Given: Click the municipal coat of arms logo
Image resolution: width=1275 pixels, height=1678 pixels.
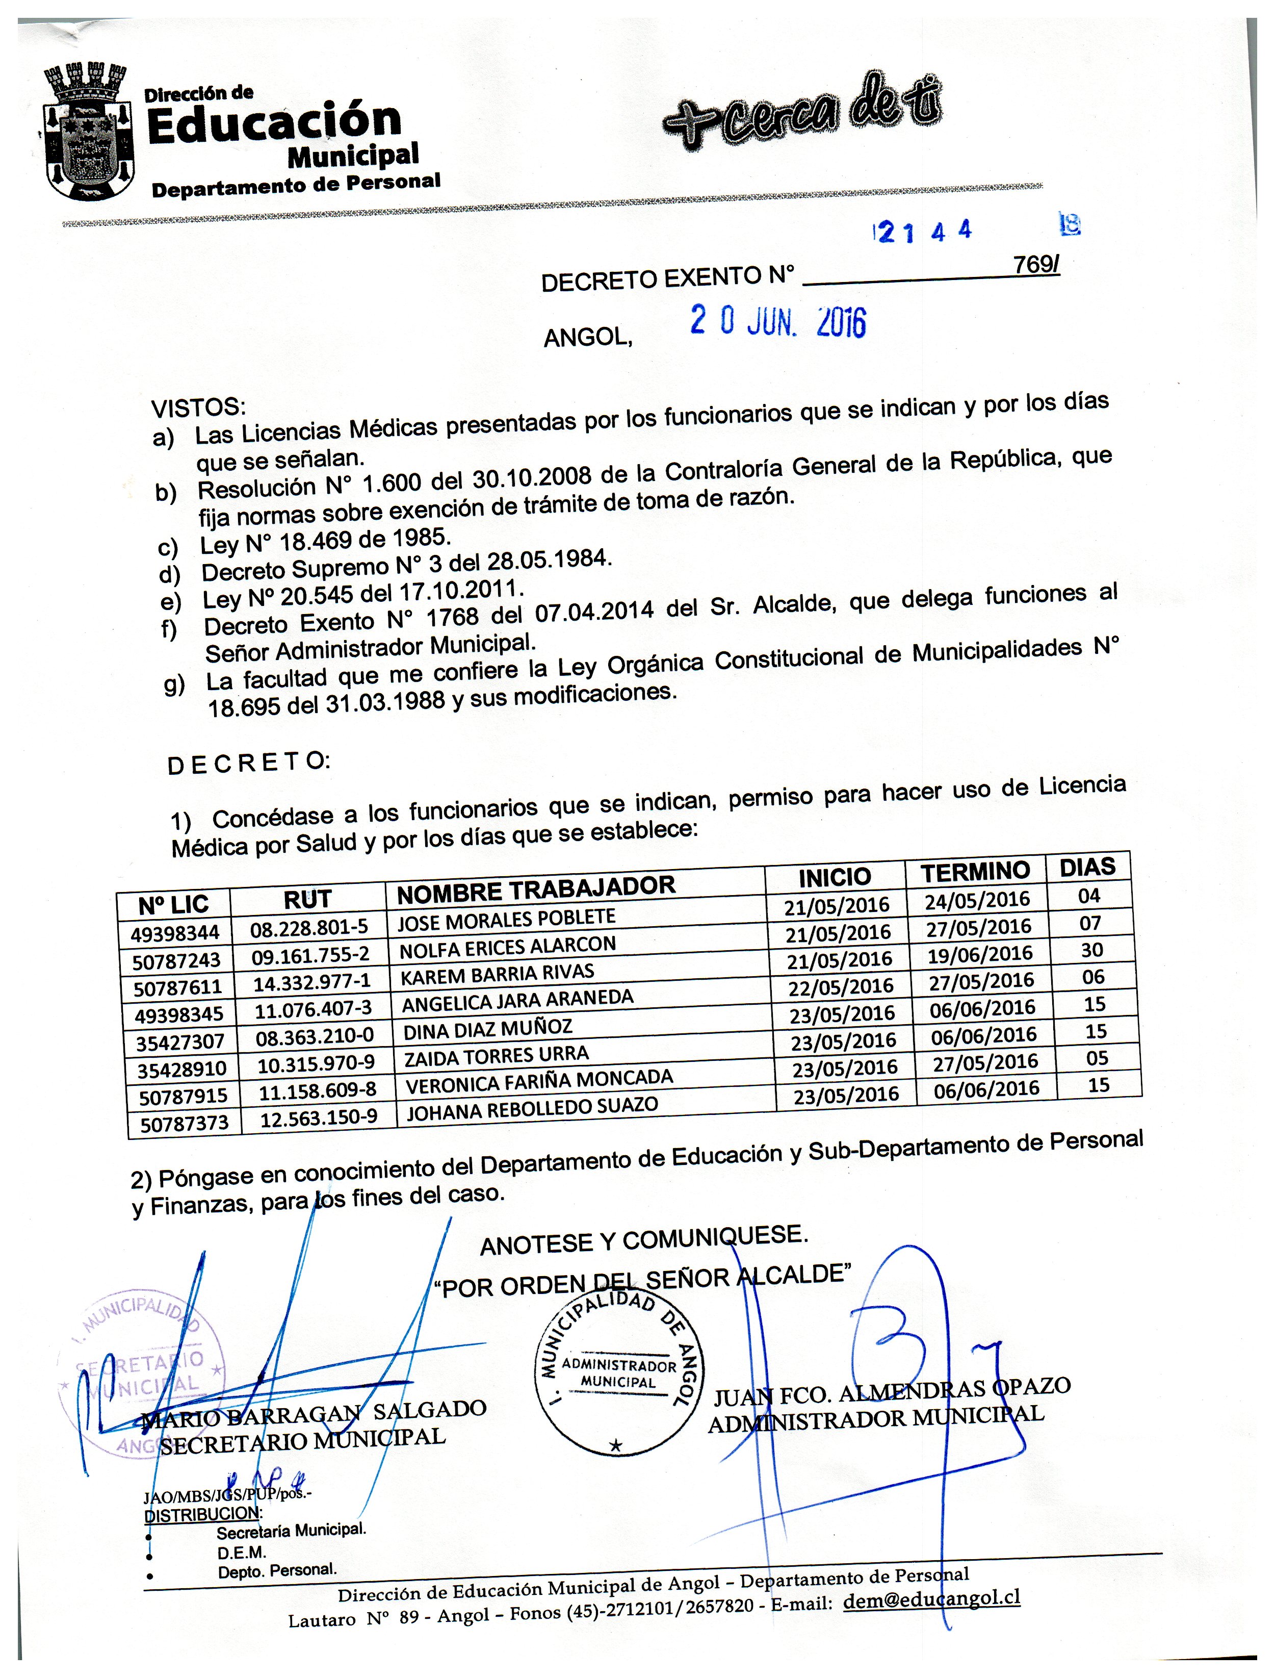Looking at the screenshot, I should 84,131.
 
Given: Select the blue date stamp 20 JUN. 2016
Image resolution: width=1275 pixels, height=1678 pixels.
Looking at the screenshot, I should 778,323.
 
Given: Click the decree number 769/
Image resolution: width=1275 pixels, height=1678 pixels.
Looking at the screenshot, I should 1035,265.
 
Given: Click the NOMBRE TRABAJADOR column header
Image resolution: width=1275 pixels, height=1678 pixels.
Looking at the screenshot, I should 536,889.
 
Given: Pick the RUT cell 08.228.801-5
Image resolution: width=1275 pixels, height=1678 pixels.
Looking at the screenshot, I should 309,928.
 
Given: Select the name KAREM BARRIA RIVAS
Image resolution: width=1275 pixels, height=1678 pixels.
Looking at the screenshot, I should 497,974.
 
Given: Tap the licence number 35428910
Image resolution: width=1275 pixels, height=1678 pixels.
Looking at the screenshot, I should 182,1069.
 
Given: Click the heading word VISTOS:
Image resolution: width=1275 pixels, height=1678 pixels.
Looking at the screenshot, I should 199,408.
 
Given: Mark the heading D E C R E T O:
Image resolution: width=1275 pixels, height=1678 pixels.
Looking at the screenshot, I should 248,763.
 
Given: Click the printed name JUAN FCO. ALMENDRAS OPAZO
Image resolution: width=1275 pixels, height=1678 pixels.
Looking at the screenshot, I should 892,1392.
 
